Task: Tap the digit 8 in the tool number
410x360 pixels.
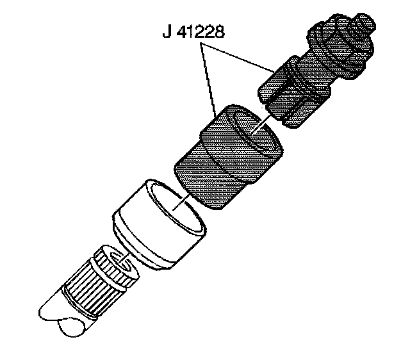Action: tap(220, 33)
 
